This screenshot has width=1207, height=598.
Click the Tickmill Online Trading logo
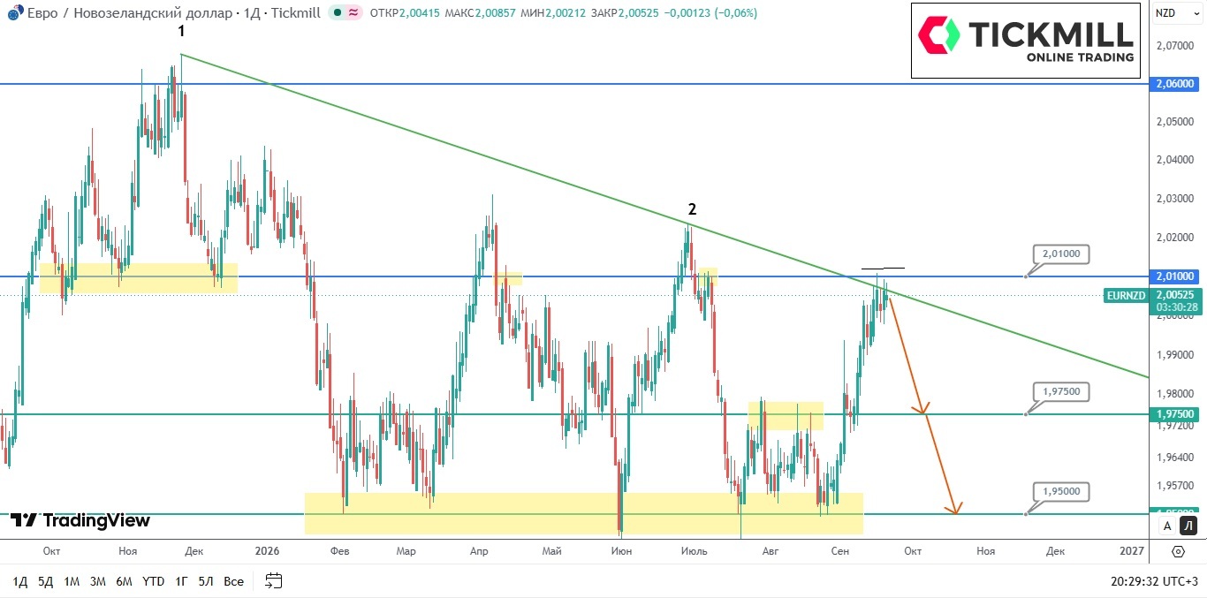point(1025,41)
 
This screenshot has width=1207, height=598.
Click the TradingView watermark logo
point(80,520)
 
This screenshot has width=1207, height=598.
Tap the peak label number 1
point(182,31)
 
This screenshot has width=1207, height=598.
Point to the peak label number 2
point(692,209)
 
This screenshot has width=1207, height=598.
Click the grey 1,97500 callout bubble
point(1061,391)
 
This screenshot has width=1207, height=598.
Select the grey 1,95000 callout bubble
point(1061,491)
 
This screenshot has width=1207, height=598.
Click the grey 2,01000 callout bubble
point(1061,254)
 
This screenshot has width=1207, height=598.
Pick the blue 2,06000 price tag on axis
point(1174,84)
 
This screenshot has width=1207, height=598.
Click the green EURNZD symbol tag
point(1126,295)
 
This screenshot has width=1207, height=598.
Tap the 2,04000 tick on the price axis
point(1174,160)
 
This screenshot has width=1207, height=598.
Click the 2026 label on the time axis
point(267,551)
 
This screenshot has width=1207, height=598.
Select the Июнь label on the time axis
point(621,551)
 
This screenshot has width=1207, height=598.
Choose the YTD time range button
point(153,582)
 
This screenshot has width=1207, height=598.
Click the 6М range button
point(124,582)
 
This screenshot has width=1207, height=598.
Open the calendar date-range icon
point(274,580)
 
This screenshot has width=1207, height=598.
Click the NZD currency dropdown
point(1177,13)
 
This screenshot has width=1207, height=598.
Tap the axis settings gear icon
point(1178,552)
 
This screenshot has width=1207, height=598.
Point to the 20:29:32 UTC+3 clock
point(1152,582)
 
